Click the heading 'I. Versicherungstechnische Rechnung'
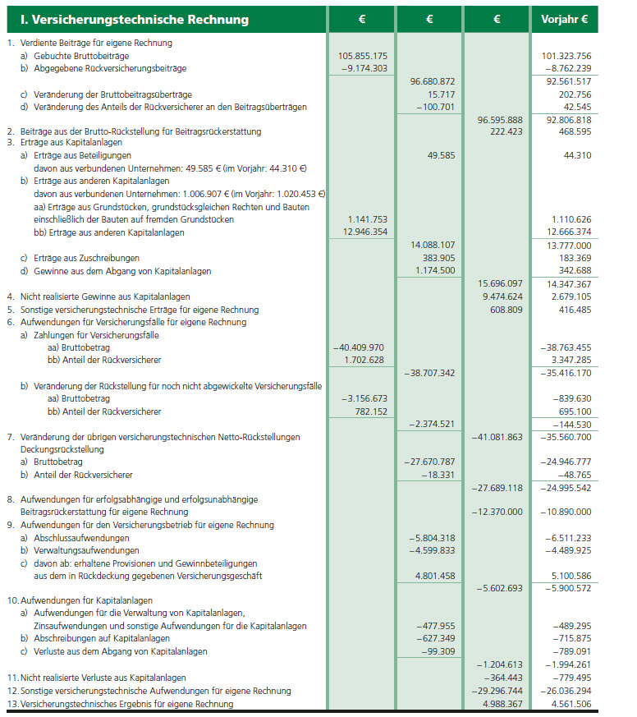tap(128, 19)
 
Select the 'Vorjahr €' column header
tap(565, 19)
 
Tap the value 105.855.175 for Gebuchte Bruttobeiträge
tap(363, 56)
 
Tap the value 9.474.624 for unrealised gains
tap(499, 296)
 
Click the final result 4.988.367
tap(499, 703)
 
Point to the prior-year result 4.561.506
tap(567, 703)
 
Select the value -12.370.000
tap(497, 512)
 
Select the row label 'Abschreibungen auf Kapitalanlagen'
tap(100, 638)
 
